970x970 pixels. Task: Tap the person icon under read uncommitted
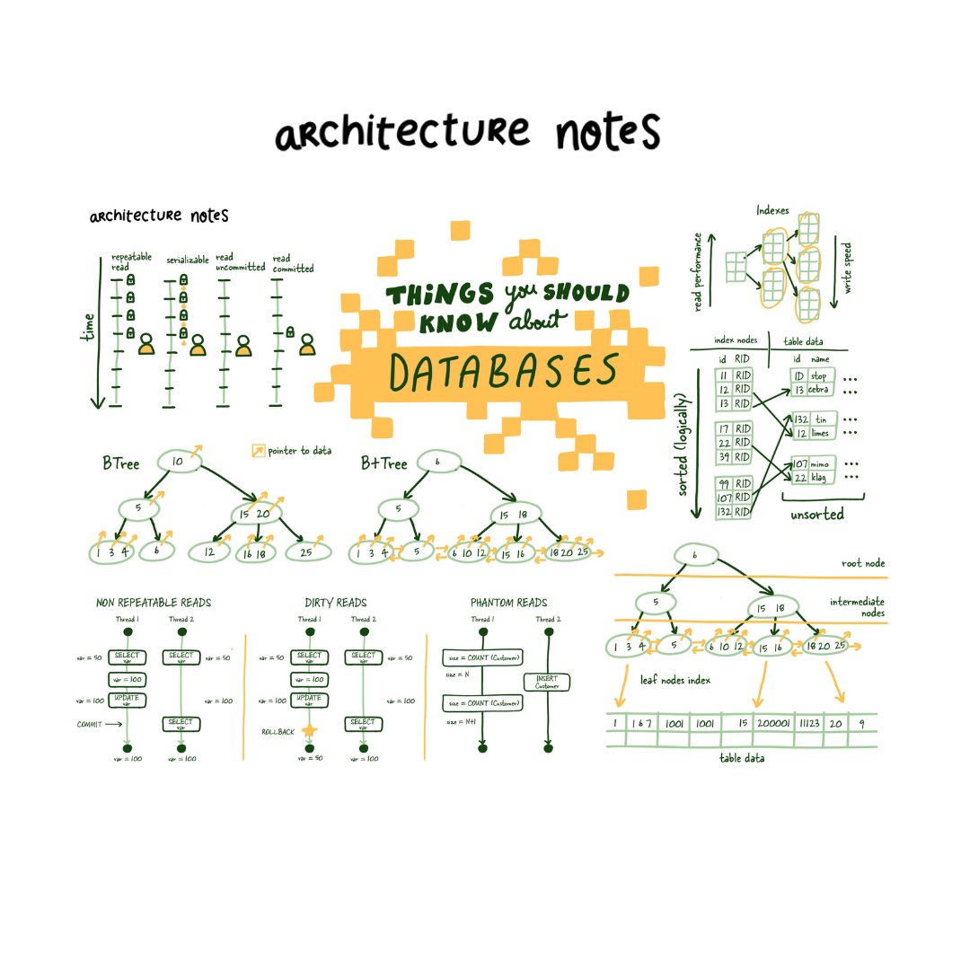(243, 346)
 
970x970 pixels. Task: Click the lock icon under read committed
(291, 331)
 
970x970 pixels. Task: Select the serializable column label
(185, 259)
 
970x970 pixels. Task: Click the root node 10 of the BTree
(178, 461)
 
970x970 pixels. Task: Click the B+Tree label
(384, 463)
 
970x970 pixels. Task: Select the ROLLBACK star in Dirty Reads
(310, 730)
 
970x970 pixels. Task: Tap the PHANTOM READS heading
(508, 603)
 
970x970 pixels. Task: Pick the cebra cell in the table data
(817, 389)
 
